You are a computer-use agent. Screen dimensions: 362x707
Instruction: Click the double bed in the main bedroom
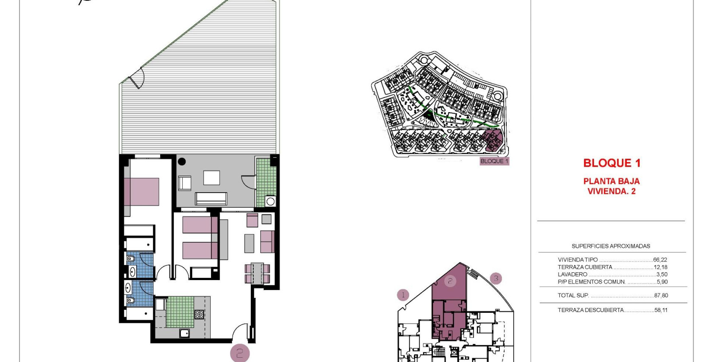click(142, 192)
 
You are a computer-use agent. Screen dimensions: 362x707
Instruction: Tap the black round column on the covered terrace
click(182, 162)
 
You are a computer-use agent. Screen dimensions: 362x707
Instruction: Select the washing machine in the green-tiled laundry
click(270, 201)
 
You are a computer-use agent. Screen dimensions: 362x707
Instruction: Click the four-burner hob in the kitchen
click(199, 315)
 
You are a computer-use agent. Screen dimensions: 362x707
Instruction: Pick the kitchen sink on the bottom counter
click(185, 333)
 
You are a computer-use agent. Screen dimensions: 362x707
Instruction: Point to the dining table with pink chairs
click(257, 273)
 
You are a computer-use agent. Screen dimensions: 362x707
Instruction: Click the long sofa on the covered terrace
click(211, 199)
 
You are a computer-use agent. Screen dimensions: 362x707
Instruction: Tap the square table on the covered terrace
click(211, 178)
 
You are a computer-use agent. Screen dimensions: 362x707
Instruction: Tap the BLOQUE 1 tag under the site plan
click(494, 161)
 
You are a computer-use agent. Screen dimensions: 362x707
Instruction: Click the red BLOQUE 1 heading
click(612, 163)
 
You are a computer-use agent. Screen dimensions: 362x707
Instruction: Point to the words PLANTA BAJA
click(611, 181)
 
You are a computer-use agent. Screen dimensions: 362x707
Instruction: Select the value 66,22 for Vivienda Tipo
click(660, 260)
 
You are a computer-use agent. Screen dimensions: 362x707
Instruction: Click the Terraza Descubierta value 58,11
click(661, 310)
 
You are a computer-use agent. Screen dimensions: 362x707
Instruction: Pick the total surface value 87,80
click(661, 296)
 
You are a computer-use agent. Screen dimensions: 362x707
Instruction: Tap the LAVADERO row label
click(572, 275)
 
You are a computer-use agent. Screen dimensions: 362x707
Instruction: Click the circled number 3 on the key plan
click(496, 279)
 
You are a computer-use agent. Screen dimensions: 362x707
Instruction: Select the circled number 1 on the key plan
click(403, 295)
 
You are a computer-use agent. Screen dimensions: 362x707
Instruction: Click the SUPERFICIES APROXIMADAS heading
click(611, 246)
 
